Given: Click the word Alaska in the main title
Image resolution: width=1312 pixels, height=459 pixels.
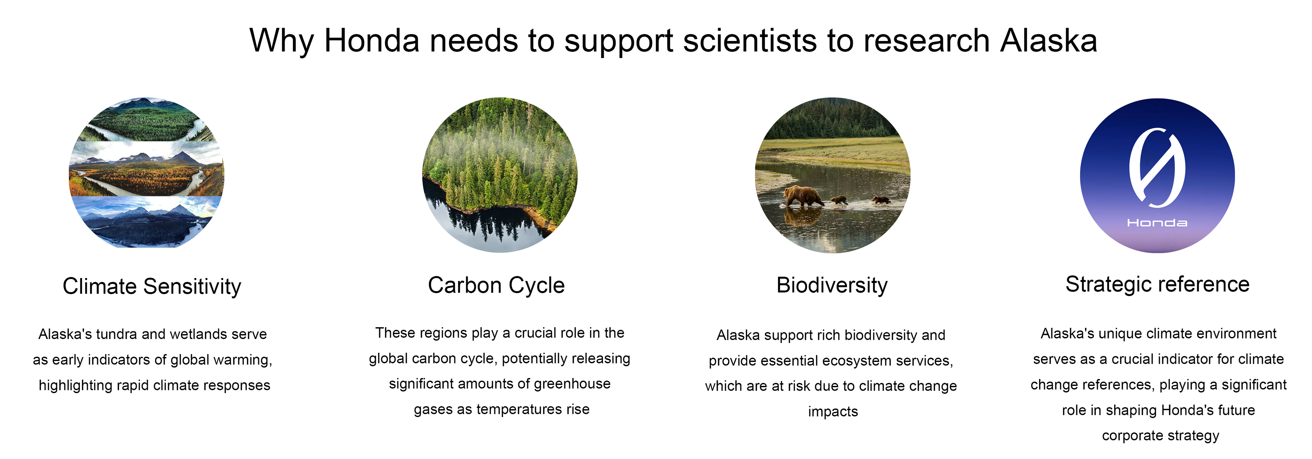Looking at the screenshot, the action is pos(1048,41).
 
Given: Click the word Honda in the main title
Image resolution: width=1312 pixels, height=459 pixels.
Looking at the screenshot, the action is pos(372,41).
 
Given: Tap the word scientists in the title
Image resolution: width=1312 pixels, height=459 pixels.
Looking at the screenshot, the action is pos(750,41).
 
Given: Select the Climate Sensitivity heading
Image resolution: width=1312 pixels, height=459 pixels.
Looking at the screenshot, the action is pos(152,287).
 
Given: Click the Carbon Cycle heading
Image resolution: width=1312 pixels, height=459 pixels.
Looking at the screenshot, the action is pos(496,286).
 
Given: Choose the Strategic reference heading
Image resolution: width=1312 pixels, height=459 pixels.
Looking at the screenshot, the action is pos(1158,284).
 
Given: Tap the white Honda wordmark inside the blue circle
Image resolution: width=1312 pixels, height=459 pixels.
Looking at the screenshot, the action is pos(1157,223).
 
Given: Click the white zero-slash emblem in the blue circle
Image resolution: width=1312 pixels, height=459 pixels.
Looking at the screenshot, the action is pos(1157,168).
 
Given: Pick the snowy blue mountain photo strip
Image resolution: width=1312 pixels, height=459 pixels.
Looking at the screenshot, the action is pos(148,222).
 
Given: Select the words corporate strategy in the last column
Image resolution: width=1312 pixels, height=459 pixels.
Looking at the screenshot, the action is pos(1161,436).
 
